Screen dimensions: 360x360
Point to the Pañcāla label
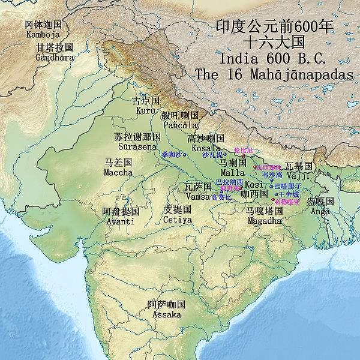(x=180, y=125)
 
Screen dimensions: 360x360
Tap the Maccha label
(x=119, y=172)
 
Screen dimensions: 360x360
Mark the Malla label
(x=233, y=173)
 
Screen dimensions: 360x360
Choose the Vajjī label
(x=298, y=175)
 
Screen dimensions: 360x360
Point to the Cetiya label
(x=178, y=220)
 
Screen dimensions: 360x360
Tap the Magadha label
(x=264, y=221)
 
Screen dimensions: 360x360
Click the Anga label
(x=319, y=211)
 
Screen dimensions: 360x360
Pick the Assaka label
(x=166, y=314)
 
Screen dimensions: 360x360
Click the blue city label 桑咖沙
(x=171, y=154)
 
